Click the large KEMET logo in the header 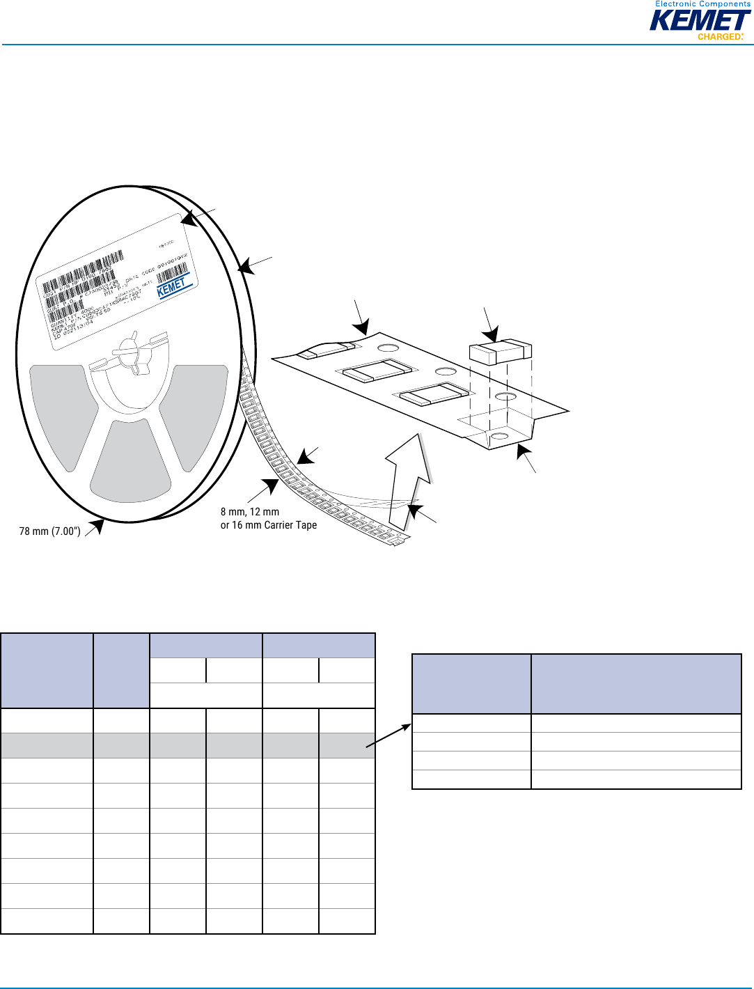tap(699, 21)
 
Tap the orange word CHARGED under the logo tap(720, 37)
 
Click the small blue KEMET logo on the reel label tap(172, 286)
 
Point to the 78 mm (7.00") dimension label tap(49, 531)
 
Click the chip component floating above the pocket tap(500, 351)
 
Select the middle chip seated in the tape tap(376, 372)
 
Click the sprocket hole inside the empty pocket tap(498, 437)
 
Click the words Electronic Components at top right tap(702, 4)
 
